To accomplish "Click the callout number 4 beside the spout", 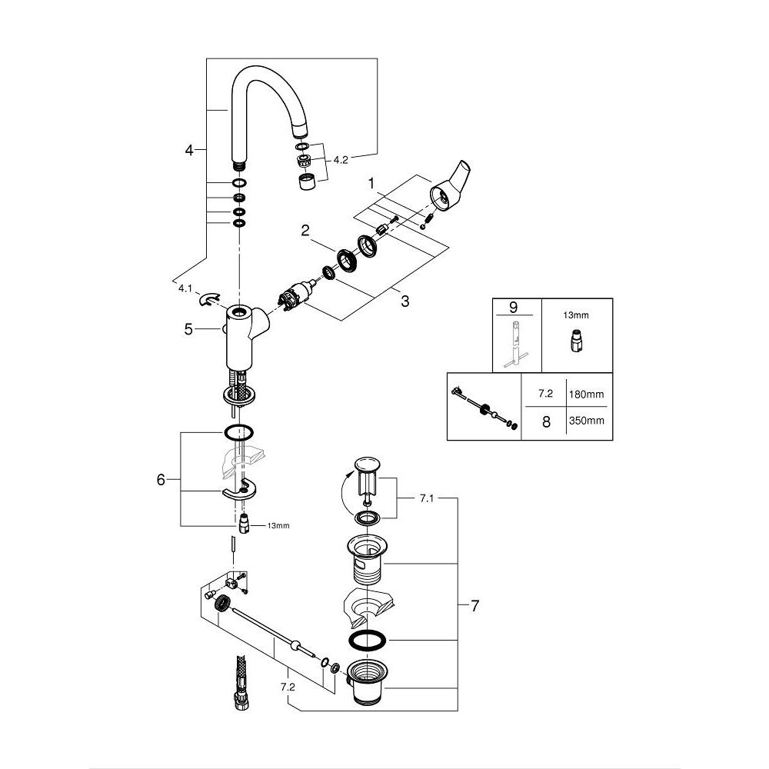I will click(190, 150).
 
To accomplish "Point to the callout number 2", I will click(305, 230).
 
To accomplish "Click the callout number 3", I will click(404, 301).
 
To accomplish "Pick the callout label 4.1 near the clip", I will click(185, 290).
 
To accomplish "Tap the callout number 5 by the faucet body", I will click(188, 329).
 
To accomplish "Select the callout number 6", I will click(161, 480).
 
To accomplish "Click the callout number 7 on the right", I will click(474, 606).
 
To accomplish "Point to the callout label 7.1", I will click(428, 499).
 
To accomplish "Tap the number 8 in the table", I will click(546, 421).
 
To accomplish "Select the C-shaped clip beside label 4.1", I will click(208, 298).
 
